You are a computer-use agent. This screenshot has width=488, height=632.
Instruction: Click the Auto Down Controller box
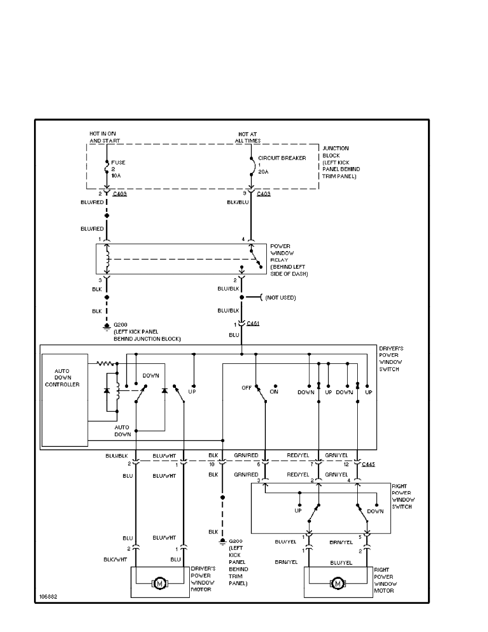coord(64,399)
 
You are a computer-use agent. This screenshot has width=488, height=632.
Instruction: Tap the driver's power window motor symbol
coord(160,583)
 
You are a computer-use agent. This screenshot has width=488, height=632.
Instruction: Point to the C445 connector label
coord(368,464)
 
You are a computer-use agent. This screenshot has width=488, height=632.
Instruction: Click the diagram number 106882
coord(48,597)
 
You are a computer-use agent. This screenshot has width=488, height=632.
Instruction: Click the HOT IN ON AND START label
coord(105,137)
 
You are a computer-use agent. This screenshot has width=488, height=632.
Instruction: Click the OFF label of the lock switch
coord(247,388)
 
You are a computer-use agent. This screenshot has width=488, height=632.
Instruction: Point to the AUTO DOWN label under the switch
coord(122,430)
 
